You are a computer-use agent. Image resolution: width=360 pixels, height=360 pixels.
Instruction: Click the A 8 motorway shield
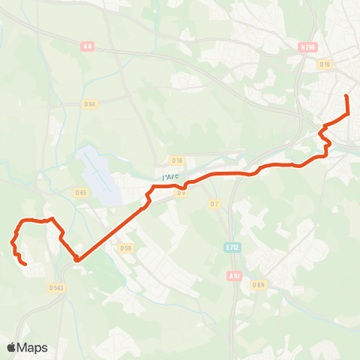[88, 46]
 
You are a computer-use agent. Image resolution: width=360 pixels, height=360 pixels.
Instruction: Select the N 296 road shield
[308, 46]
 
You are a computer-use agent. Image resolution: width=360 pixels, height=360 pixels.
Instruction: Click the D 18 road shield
[177, 160]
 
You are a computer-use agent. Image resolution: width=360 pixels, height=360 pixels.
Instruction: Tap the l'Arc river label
[171, 177]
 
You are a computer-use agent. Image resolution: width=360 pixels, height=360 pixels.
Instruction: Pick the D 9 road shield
[181, 193]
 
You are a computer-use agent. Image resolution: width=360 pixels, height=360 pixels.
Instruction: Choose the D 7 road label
[214, 203]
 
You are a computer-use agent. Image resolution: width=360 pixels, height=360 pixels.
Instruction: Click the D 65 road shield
[81, 192]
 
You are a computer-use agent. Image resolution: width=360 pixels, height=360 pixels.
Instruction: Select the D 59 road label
[125, 248]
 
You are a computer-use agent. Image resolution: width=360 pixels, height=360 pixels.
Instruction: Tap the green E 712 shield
[232, 246]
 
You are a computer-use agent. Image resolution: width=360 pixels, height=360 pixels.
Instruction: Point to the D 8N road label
[259, 285]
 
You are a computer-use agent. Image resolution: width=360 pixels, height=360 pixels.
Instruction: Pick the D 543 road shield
[55, 287]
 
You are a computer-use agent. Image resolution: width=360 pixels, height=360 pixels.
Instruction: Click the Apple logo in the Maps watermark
[12, 347]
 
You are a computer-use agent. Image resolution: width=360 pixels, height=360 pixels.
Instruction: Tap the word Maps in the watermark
[34, 348]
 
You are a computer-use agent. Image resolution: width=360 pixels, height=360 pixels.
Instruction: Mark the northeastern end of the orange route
[346, 97]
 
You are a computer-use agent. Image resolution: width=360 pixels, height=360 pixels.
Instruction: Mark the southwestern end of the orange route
[26, 265]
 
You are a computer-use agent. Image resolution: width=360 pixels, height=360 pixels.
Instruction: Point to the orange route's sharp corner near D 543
[76, 259]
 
